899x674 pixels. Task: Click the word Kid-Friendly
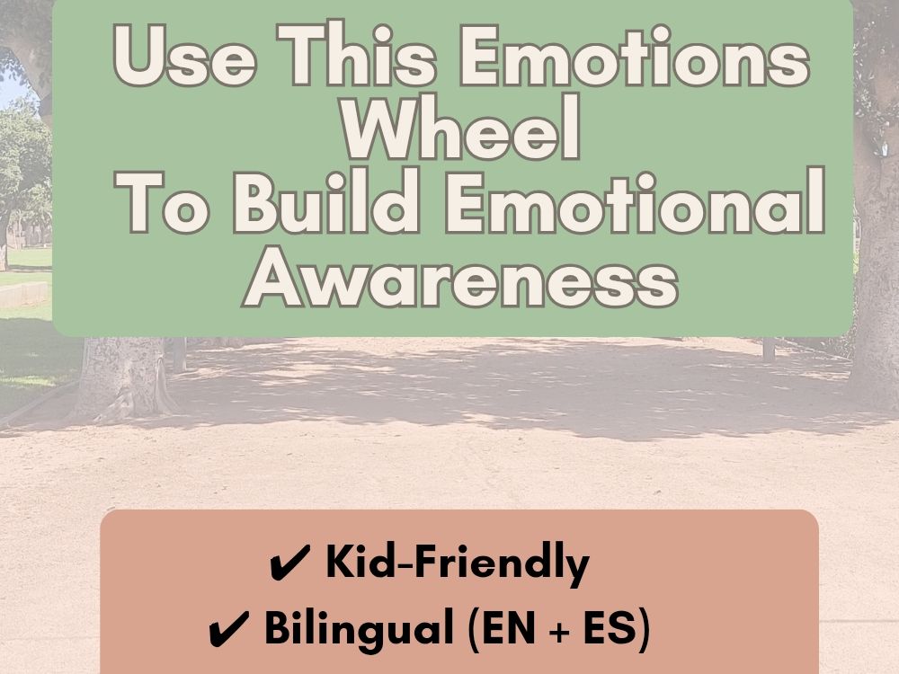[x=457, y=564]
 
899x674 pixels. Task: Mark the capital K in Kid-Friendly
[x=339, y=564]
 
